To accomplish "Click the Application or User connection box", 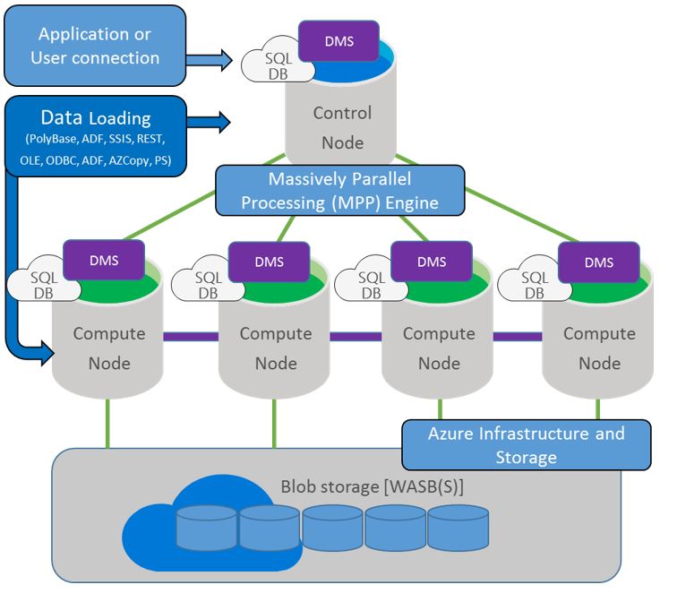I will [95, 46].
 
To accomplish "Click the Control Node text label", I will [342, 128].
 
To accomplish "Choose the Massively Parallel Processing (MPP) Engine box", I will [340, 189].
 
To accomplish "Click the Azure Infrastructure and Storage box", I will [526, 445].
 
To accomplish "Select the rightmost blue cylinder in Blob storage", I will [458, 528].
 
